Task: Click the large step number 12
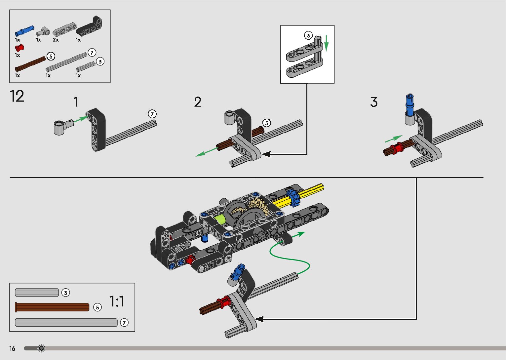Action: coord(17,96)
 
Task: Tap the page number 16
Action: coord(12,348)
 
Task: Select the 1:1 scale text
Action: coord(117,301)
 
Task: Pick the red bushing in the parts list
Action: coord(19,47)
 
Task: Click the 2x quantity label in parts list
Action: coord(56,40)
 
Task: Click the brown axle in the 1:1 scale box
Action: coord(52,307)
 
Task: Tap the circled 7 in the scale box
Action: coord(124,322)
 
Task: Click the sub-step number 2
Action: coord(198,102)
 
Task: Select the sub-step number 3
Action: coord(374,102)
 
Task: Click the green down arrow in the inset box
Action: coord(326,43)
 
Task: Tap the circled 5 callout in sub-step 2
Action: coord(266,123)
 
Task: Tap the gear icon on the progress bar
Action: coord(41,348)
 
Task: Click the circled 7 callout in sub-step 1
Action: coord(152,114)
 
